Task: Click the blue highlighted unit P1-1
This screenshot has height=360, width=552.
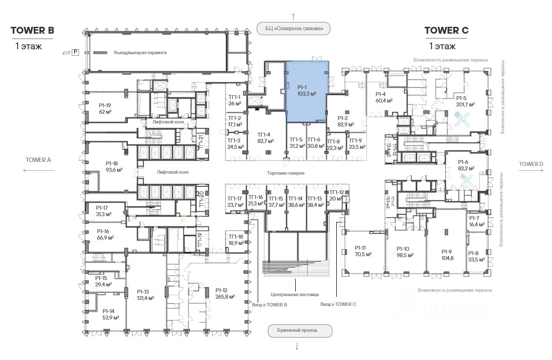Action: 306,91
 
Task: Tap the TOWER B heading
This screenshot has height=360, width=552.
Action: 32,31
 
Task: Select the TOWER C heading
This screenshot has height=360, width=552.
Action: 446,31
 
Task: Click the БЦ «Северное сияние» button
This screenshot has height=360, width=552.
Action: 293,29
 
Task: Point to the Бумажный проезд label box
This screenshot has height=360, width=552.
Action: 300,331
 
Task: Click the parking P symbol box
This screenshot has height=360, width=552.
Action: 75,52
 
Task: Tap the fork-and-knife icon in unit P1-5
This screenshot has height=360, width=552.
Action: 461,119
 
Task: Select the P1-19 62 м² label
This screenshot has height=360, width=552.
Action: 105,108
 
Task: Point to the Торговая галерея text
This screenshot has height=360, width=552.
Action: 286,173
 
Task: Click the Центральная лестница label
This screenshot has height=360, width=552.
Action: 295,295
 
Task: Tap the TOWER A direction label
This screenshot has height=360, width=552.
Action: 38,160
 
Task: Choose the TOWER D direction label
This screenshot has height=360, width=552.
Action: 531,164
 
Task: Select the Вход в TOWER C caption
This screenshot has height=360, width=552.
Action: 338,304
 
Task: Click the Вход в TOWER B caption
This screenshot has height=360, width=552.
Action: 269,304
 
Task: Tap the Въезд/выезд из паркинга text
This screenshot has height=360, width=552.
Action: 141,52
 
